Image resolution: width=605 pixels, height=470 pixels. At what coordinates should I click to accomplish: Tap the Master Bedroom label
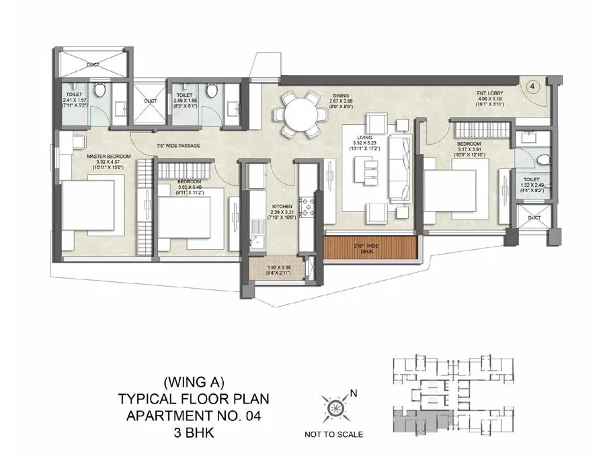108,156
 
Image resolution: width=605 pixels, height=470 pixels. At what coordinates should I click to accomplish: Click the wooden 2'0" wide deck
371,248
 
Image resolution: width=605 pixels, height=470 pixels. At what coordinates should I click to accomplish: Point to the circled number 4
531,87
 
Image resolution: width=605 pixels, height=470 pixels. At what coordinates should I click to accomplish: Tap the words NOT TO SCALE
333,434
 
